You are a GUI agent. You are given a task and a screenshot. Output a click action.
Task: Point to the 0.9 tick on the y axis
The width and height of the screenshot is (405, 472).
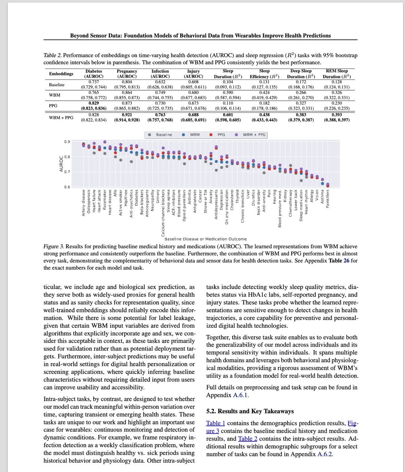pyautogui.click(x=67, y=142)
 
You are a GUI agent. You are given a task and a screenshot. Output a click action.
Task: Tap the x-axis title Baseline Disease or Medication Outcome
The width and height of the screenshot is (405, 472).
pyautogui.click(x=205, y=239)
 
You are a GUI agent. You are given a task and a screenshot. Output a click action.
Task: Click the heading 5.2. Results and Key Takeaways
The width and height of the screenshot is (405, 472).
pyautogui.click(x=250, y=411)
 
